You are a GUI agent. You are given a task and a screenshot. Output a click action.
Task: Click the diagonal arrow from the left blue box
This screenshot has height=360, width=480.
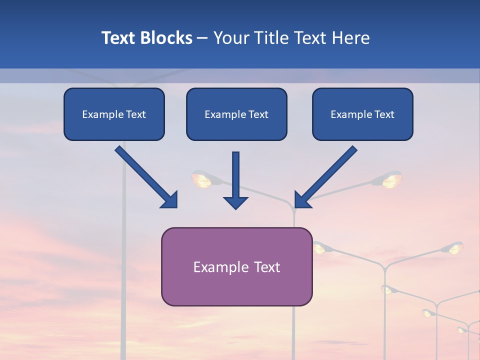pos(146,177)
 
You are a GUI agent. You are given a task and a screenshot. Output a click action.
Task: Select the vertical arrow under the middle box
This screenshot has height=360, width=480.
pos(235,180)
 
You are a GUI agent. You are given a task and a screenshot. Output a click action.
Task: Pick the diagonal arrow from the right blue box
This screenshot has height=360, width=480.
pos(326,177)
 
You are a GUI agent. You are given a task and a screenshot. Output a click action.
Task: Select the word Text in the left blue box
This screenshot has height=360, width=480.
pos(136,114)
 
